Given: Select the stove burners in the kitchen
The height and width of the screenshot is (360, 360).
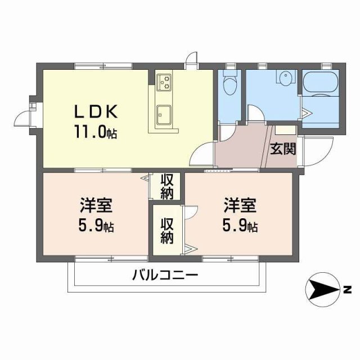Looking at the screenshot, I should click(164, 83).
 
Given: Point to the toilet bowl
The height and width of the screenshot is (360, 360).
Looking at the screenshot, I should click(229, 86).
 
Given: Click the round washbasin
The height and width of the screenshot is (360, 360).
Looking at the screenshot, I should click(286, 79).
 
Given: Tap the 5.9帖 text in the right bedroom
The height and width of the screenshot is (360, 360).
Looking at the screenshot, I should click(241, 227).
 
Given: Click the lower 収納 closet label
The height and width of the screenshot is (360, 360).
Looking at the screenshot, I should click(167, 230).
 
